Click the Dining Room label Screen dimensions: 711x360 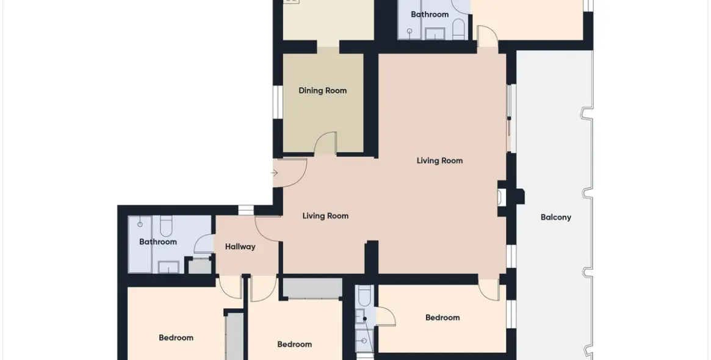pos(322,91)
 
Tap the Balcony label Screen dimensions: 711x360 pos(555,217)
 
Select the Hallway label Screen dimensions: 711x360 pos(240,247)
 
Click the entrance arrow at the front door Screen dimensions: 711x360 pos(275,173)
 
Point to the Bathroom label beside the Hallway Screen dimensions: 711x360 pos(158,242)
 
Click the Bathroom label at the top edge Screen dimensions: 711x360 pos(430,15)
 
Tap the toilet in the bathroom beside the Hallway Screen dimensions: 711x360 pos(165,226)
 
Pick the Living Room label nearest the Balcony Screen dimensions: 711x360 pos(439,160)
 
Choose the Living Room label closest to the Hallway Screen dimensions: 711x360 pos(325,216)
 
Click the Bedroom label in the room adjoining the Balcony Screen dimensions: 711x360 pos(442,317)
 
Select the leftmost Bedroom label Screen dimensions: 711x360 pos(176,338)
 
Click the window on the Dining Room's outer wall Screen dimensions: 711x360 pos(276,100)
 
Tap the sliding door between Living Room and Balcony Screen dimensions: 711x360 pos(511,118)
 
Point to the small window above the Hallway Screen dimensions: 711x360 pos(246,211)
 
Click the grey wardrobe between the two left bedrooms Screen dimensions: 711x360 pos(234,336)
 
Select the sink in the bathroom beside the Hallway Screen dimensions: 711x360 pos(168,267)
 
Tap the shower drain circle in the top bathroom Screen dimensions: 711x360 pos(410,31)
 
